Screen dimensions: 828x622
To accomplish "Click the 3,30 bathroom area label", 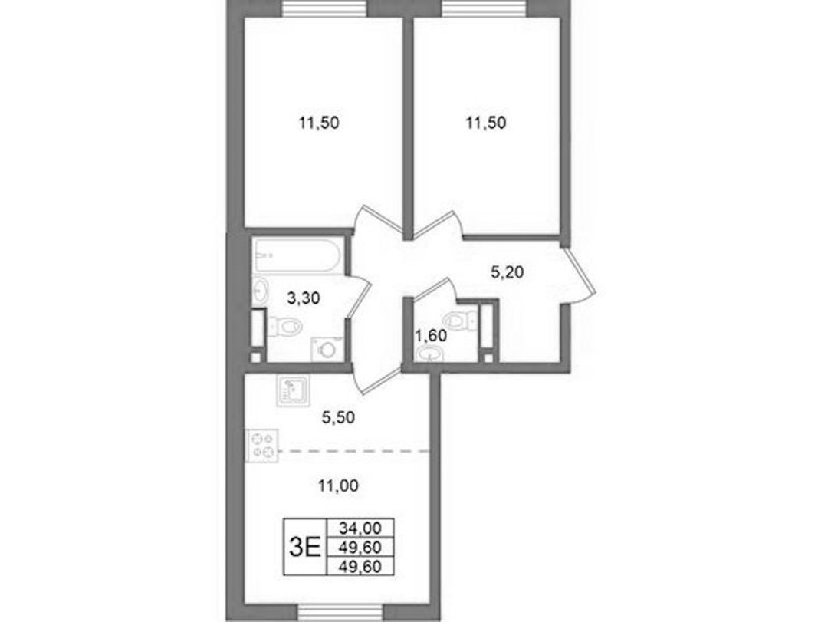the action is coord(303,298).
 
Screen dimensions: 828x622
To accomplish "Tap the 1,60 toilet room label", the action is coord(431,336).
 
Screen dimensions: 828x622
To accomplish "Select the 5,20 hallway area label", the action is coord(507,273).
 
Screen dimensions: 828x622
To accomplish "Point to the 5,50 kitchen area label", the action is coord(339,417).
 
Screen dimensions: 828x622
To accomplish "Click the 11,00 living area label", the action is coord(339,485).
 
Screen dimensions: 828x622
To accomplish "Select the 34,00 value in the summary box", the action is coord(360,528).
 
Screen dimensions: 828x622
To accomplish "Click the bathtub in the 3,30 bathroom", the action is coord(298,255).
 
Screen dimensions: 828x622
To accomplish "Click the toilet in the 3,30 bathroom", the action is coord(285,326).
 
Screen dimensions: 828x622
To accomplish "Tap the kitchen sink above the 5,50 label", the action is coord(293,391).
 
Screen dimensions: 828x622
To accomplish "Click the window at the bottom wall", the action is coord(340,613).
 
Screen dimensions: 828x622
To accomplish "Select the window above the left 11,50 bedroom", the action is coord(324,8).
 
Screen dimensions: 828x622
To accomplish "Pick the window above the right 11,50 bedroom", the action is coord(485,8).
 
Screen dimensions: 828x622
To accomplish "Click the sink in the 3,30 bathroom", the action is coord(261,290).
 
